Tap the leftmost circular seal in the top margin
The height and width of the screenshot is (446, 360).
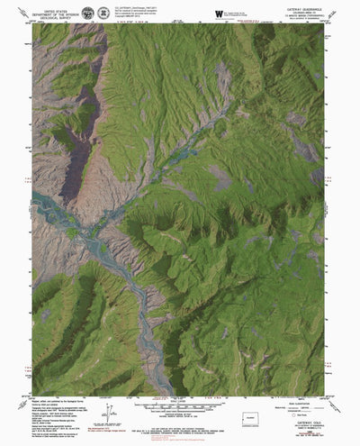click(x=87, y=13)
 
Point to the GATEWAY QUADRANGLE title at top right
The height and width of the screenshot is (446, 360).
click(x=302, y=9)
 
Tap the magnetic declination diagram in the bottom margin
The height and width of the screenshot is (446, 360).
click(x=109, y=415)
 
